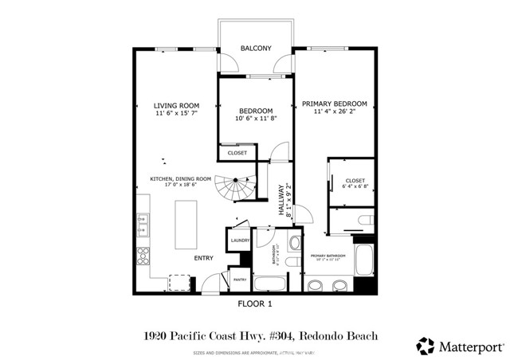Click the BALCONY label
coord(256,49)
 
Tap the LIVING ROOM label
coord(176,105)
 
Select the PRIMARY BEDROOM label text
coord(334,104)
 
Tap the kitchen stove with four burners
coord(144,256)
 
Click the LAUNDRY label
coord(240,240)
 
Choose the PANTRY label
coord(239,279)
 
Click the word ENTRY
coord(204,258)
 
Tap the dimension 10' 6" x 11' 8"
coord(256,119)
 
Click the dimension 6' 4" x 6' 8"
coord(355,188)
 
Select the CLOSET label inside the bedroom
coord(237,152)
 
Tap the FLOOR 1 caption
coord(255,304)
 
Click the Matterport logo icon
coord(426,346)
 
